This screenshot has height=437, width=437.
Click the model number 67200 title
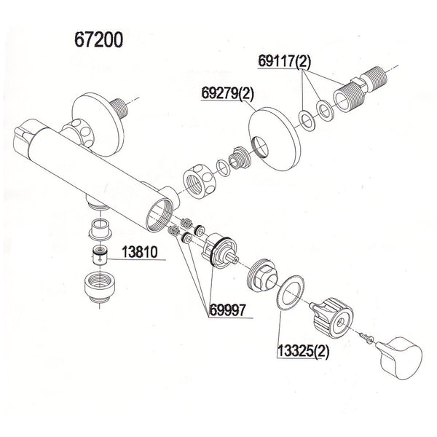click(98, 39)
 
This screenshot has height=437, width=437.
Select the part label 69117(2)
click(284, 63)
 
